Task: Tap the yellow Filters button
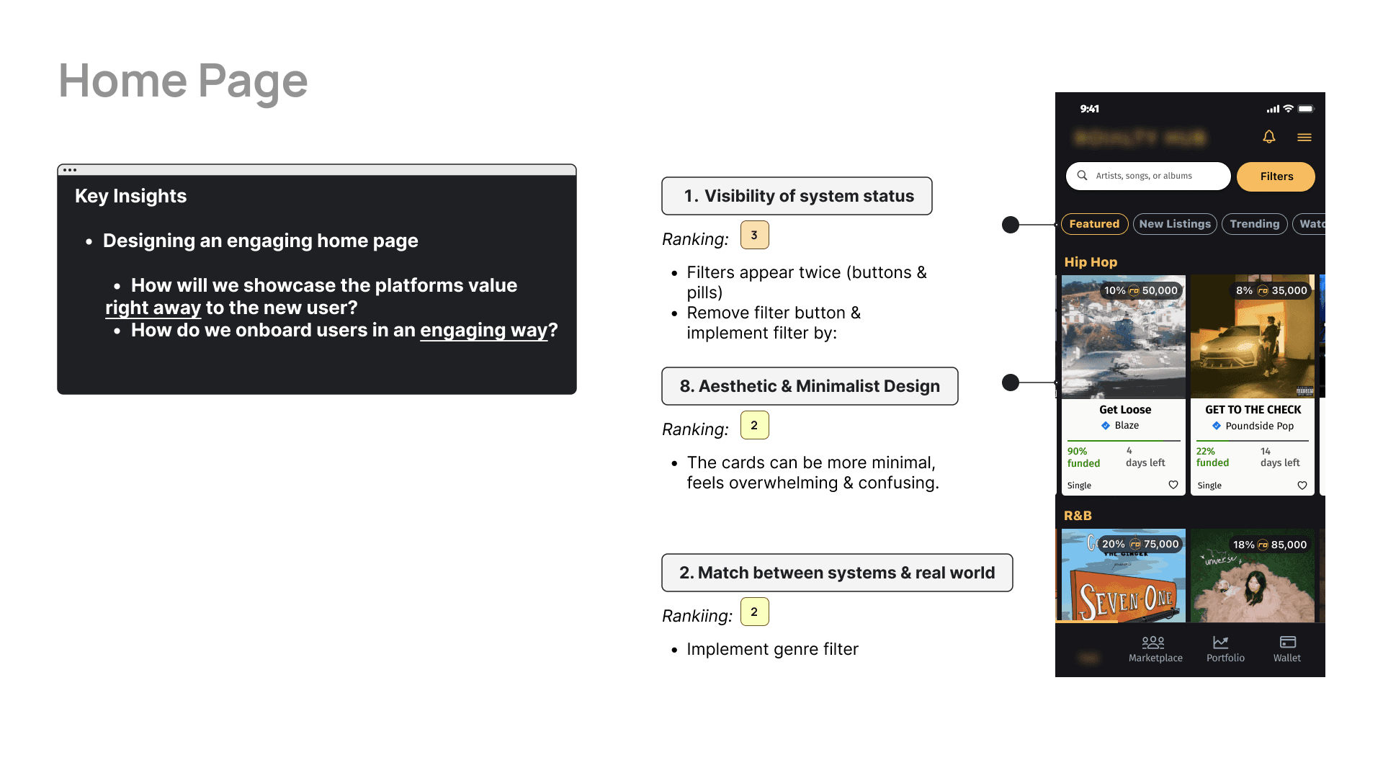(x=1276, y=176)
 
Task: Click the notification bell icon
(x=1269, y=137)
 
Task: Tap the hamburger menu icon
(x=1304, y=137)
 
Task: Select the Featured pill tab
(x=1094, y=224)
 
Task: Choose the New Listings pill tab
(x=1175, y=224)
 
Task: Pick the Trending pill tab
(x=1254, y=224)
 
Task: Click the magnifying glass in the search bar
(x=1082, y=176)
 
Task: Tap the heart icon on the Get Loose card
(x=1173, y=485)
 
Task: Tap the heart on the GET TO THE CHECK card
(x=1302, y=485)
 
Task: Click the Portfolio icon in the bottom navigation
(x=1221, y=642)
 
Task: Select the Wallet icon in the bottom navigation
(x=1288, y=642)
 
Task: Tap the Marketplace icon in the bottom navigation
(x=1153, y=642)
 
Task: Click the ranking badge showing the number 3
(x=754, y=235)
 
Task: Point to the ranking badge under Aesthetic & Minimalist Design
(x=754, y=425)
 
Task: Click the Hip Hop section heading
(x=1091, y=262)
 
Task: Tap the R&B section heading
(x=1078, y=516)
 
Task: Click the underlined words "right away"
(x=153, y=308)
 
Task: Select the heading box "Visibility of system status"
(x=797, y=196)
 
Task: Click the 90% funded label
(x=1083, y=457)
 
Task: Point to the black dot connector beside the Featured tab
(x=1011, y=225)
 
